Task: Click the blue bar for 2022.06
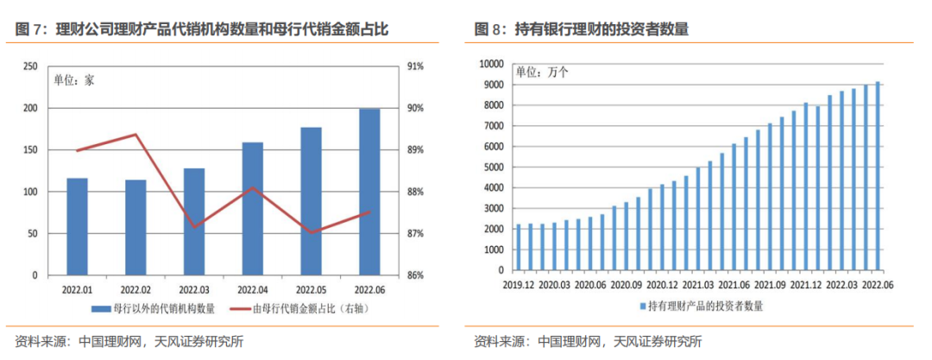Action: pos(368,193)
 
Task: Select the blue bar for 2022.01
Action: pos(77,227)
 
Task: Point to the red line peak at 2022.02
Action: pos(135,135)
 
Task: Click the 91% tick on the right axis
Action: pos(414,66)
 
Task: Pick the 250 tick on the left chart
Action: pos(29,66)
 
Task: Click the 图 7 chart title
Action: pos(202,29)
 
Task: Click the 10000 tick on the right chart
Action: pos(488,64)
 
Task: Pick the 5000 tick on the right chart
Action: pos(491,167)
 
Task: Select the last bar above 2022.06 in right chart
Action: pos(878,177)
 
